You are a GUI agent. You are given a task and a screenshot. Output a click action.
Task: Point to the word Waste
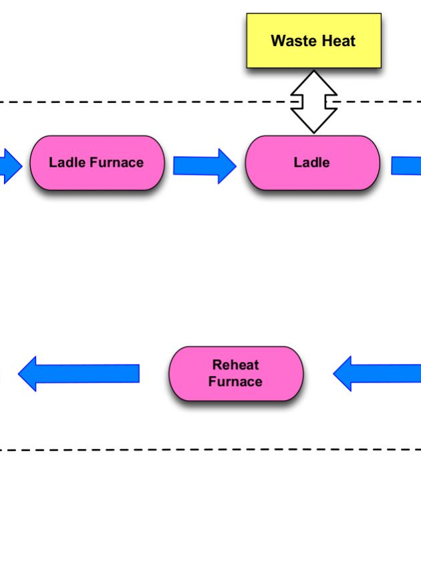tap(292, 41)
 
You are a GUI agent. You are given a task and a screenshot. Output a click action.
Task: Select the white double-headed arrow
tap(313, 102)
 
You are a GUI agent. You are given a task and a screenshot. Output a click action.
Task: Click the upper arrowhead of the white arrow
tap(313, 80)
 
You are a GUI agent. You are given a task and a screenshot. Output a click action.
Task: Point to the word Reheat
tap(235, 365)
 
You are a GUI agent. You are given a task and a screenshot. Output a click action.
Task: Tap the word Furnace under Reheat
tap(235, 382)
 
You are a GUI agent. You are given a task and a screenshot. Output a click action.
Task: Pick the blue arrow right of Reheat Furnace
tap(378, 373)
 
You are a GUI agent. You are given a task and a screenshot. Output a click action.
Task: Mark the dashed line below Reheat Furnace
tap(200, 450)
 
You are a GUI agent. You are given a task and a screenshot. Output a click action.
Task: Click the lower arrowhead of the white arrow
tap(313, 123)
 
